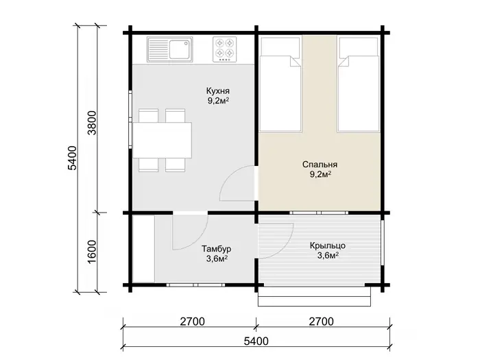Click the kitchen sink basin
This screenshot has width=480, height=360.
tap(180, 49)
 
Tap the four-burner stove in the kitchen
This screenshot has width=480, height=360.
tap(225, 49)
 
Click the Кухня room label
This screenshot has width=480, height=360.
tap(218, 91)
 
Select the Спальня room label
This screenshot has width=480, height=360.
tap(320, 165)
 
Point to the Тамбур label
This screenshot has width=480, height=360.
tap(217, 249)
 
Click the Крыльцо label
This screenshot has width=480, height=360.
tap(328, 245)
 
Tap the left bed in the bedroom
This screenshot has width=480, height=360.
tap(280, 85)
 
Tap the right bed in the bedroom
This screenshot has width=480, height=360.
tap(358, 85)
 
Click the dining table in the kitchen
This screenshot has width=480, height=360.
tap(163, 140)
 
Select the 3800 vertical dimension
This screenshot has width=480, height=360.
tap(92, 123)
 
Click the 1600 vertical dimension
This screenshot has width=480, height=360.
tap(92, 252)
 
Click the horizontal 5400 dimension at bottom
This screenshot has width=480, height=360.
tap(256, 341)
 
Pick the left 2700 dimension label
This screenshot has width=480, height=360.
tap(192, 322)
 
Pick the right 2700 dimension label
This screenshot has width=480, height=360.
tap(321, 322)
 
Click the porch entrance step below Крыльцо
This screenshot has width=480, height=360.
tap(314, 297)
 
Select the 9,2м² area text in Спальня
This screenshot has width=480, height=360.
tap(320, 174)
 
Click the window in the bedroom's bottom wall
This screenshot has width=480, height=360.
tap(319, 213)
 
